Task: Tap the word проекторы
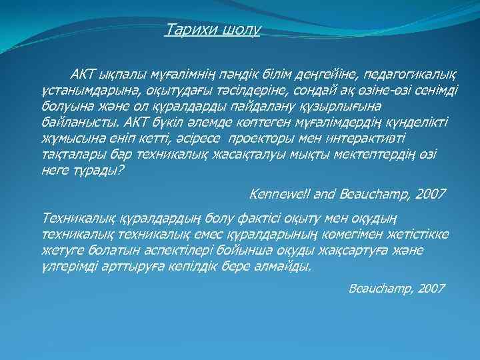coord(264,139)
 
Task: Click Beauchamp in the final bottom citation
coord(379,288)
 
